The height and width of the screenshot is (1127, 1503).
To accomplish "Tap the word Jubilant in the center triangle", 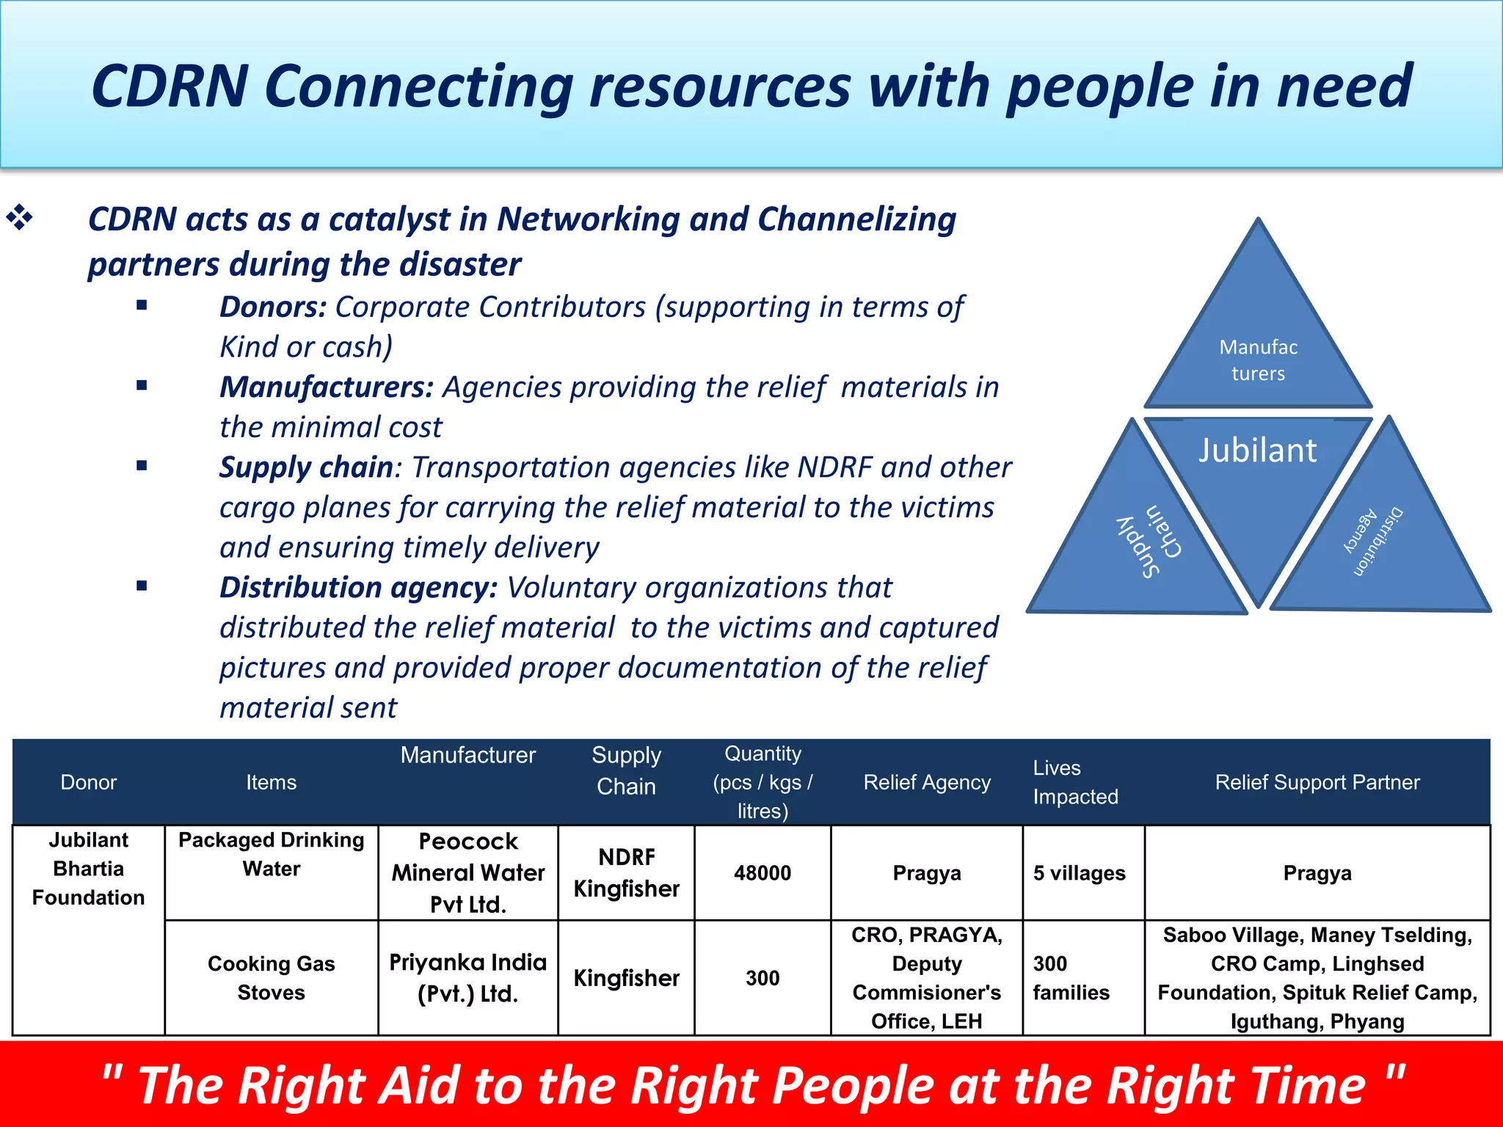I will click(1257, 451).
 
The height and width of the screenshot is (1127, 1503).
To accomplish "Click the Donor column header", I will click(88, 782).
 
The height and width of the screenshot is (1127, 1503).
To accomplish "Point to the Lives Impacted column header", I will click(1075, 782).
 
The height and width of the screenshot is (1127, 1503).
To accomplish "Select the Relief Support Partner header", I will click(1317, 782).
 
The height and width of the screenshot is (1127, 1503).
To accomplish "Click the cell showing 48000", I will click(763, 873).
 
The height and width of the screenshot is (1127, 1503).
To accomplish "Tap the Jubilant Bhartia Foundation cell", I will click(88, 869).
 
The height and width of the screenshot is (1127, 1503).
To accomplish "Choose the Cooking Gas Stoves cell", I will click(271, 977).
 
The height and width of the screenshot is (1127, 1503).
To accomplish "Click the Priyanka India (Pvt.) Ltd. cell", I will click(467, 977).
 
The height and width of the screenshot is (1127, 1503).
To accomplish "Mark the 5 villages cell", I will click(1079, 873).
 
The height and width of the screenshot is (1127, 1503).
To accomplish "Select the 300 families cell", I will click(1071, 977).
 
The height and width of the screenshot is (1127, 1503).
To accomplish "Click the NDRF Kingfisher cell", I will click(626, 873).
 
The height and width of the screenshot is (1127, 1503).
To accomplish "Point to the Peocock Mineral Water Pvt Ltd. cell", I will click(467, 873).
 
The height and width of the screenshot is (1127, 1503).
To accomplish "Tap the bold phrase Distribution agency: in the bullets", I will click(358, 588).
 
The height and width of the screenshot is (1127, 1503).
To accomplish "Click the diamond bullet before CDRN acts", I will click(20, 218).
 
